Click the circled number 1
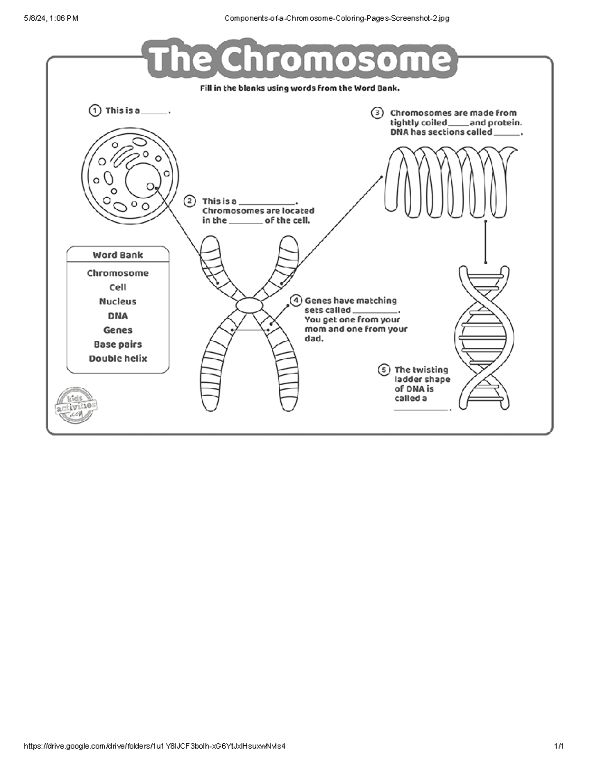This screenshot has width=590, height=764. (94, 111)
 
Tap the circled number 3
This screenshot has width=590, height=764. (377, 113)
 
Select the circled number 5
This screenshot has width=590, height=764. (383, 370)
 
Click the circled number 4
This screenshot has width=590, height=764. (295, 301)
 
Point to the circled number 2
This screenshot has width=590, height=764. (190, 201)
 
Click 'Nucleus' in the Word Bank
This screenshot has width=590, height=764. (118, 302)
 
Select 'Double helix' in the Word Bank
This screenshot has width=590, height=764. (118, 359)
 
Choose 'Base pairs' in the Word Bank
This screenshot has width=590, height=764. (118, 344)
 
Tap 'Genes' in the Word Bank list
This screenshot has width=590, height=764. (118, 330)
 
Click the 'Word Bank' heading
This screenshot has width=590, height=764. (118, 255)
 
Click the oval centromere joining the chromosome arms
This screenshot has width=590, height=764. (250, 305)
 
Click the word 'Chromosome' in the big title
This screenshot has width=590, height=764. (334, 60)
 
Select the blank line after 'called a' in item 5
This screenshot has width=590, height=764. (421, 409)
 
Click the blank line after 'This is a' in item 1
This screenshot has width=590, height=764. (154, 113)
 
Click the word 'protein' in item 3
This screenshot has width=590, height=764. (504, 122)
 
